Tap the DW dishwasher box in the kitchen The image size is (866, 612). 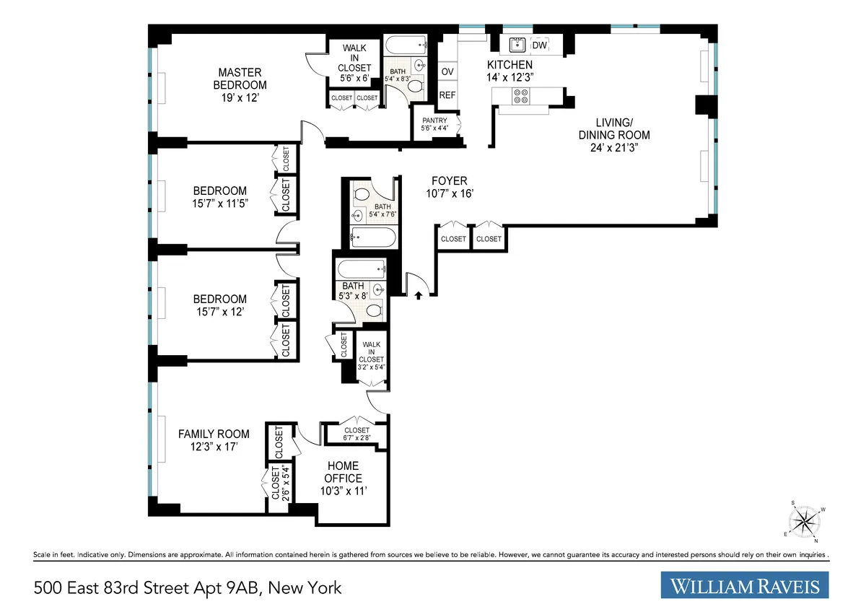tap(539, 45)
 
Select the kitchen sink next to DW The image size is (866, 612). tap(517, 45)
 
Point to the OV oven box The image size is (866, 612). tap(447, 71)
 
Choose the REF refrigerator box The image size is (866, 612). tap(447, 95)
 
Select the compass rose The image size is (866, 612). tap(805, 521)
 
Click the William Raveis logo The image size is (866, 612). tap(745, 585)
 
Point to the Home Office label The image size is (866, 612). tap(344, 472)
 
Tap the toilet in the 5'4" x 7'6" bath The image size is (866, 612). tap(362, 193)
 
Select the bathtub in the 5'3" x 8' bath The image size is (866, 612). tap(361, 271)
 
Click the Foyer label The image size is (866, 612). tap(449, 181)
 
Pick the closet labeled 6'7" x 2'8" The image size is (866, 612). tap(357, 433)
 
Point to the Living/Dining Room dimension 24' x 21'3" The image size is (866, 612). tap(614, 148)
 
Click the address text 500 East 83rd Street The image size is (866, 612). tap(188, 587)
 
